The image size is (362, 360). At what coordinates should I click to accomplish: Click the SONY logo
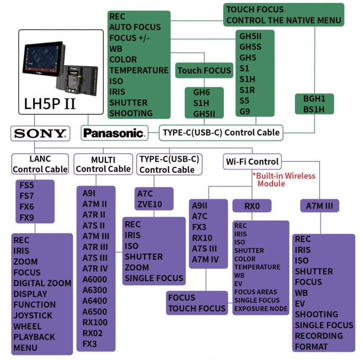coord(40,133)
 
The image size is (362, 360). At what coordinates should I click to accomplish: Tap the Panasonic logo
coord(114,133)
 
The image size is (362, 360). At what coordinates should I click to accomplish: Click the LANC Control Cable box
coord(40,164)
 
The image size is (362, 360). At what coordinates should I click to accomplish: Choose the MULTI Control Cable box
coord(103,164)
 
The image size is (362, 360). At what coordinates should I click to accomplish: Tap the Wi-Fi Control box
coord(252,161)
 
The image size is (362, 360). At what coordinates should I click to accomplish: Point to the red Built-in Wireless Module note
coord(283,180)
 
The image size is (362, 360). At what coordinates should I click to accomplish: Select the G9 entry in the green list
coord(244,111)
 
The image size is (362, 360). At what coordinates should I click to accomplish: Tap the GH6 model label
coord(201,92)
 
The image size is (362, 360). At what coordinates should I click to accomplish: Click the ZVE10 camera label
coord(149,204)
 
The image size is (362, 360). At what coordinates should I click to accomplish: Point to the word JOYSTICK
coord(33,315)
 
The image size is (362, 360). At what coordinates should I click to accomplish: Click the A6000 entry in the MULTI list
coord(94,279)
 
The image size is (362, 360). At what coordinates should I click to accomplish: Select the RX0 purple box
coord(252,206)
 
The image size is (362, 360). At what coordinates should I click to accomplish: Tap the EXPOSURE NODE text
coord(260,309)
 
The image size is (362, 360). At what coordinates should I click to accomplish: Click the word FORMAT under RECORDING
coord(311,347)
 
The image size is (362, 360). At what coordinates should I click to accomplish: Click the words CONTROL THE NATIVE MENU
coord(283,20)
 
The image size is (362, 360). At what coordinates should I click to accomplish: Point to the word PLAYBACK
coord(34,337)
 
